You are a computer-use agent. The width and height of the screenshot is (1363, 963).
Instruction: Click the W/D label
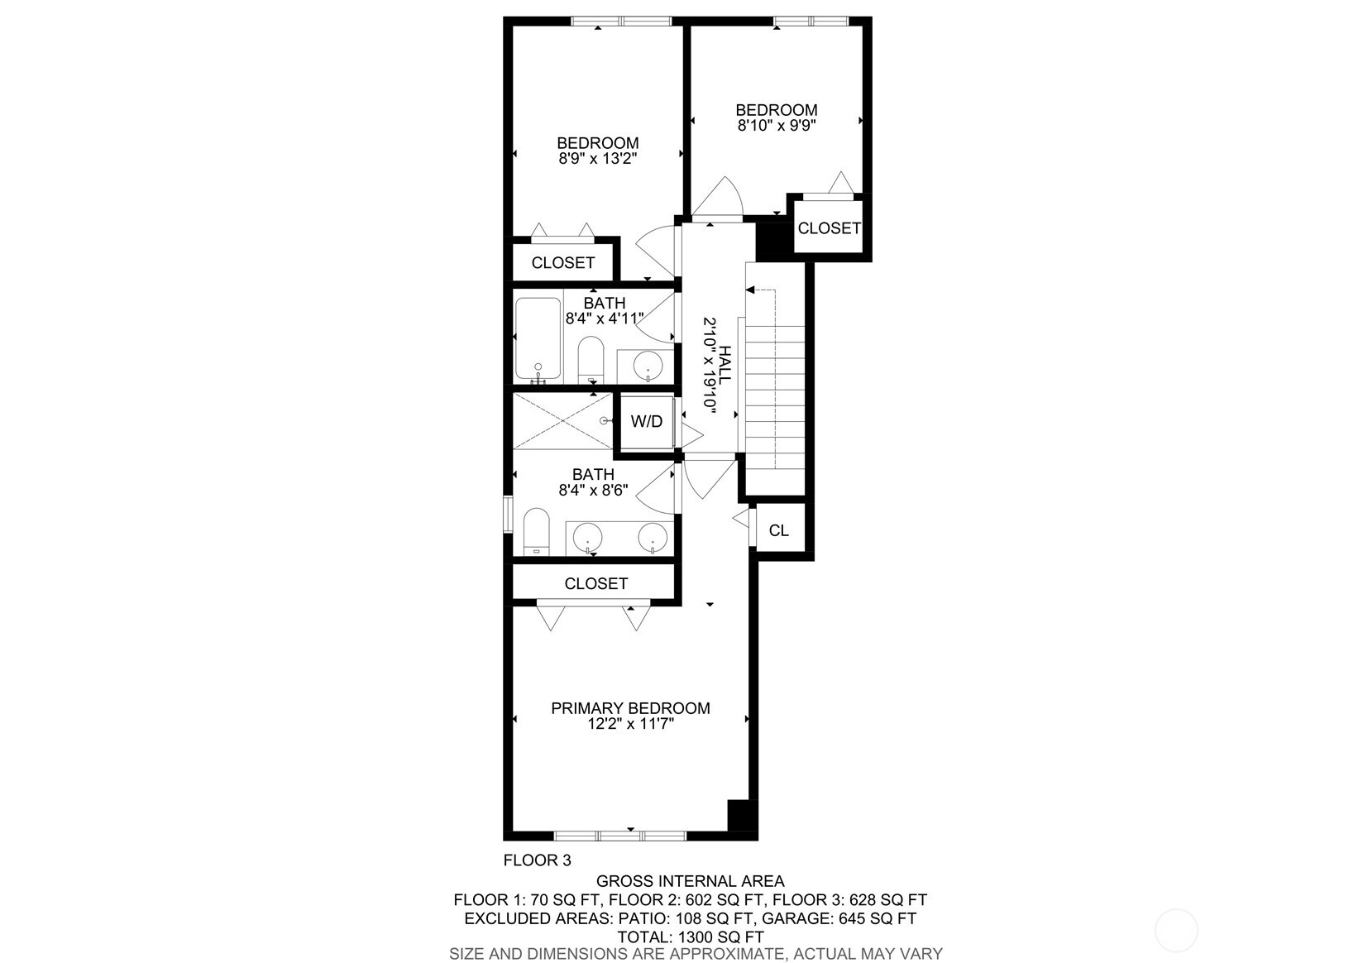click(646, 422)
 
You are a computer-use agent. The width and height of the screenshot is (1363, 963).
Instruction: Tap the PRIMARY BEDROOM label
click(630, 708)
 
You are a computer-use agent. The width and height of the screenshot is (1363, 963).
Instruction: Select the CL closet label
click(778, 530)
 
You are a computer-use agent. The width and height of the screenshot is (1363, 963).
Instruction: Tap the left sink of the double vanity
click(588, 537)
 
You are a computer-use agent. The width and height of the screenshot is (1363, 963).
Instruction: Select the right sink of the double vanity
click(653, 537)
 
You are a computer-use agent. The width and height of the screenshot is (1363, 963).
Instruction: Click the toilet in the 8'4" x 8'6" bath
click(537, 533)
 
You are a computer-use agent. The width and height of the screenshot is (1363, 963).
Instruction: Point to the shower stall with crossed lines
click(562, 421)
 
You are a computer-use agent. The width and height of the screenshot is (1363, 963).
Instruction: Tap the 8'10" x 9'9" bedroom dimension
click(777, 126)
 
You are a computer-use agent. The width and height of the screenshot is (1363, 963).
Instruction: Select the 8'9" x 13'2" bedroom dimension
click(597, 159)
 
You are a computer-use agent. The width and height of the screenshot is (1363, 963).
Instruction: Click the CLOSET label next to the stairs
click(829, 228)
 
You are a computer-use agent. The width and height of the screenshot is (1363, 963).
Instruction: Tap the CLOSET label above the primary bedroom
click(595, 583)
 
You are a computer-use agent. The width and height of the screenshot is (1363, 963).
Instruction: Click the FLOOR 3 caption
click(537, 860)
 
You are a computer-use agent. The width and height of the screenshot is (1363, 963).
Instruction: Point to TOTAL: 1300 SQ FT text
click(691, 937)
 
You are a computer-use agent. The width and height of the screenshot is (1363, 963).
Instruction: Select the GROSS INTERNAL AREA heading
click(691, 881)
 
